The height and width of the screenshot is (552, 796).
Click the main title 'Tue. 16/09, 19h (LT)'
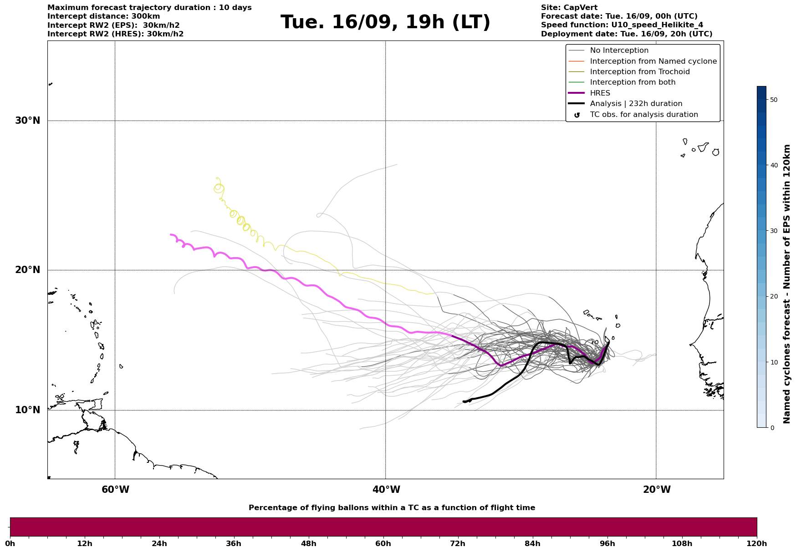385,22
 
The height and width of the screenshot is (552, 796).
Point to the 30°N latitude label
28,121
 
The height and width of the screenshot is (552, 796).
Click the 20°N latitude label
28,270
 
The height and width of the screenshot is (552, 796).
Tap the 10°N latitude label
28,410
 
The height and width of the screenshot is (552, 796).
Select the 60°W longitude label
115,490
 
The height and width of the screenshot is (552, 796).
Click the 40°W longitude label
386,490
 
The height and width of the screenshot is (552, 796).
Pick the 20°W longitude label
657,490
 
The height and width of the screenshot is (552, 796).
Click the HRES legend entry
600,93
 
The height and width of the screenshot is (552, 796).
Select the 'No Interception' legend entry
619,51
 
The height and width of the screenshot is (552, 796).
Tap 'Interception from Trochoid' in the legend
639,72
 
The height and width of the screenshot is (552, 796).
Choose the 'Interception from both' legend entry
633,82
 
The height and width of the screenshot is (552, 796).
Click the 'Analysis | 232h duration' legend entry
636,104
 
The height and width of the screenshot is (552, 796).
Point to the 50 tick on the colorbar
773,100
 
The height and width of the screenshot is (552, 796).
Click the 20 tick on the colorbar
773,296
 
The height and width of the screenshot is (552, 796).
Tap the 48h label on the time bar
308,543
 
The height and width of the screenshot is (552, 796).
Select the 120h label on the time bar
756,543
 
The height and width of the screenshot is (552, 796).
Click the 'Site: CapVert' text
569,8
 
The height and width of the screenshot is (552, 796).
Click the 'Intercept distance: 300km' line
103,16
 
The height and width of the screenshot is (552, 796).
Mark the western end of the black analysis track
464,401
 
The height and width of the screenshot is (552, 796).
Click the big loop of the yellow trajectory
219,187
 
